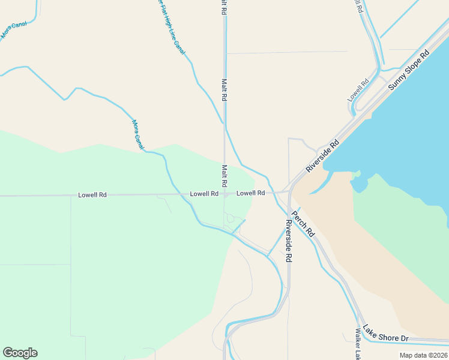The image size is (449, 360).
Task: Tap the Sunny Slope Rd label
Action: pos(409,70)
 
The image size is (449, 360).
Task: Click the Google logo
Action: pos(20,353)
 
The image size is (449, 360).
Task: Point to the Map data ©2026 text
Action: pos(423,355)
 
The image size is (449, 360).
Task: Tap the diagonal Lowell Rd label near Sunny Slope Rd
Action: pos(358,90)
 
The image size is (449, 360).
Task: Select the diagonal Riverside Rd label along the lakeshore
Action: pos(322,156)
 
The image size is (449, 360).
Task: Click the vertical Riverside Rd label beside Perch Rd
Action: pos(289,241)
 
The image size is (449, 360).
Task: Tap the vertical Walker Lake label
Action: pos(358,344)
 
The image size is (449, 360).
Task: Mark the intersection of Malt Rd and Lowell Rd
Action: pos(225,194)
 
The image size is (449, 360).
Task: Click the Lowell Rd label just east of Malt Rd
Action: pos(251,193)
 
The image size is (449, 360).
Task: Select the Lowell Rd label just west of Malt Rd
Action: pos(204,194)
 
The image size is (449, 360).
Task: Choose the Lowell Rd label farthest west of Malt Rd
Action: pos(92,195)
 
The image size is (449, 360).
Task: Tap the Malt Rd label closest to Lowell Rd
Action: pos(224,175)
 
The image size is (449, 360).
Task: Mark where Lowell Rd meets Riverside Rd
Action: pos(289,192)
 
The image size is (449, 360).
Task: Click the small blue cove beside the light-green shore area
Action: pos(359,183)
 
